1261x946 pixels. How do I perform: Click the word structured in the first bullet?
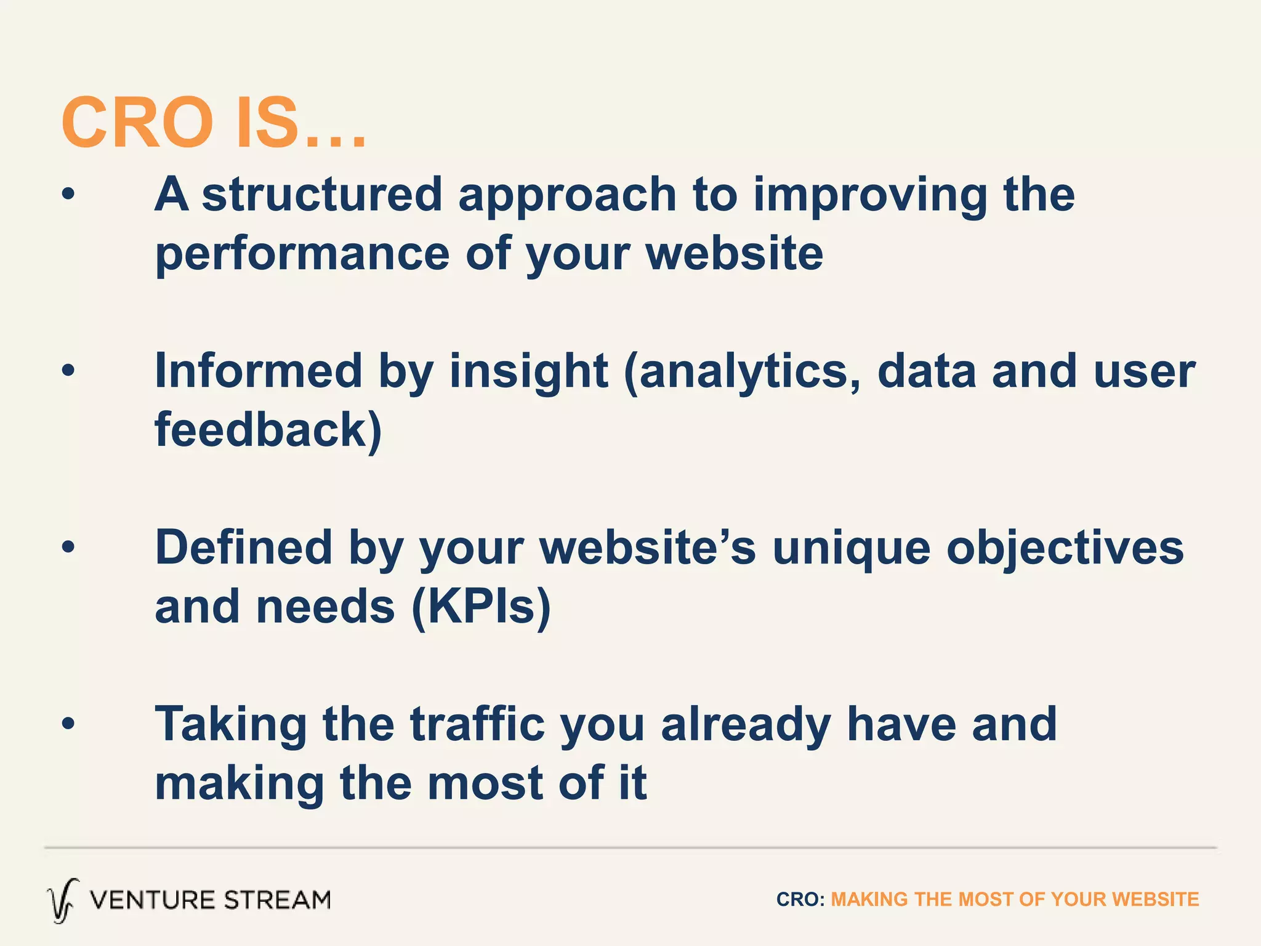pyautogui.click(x=321, y=195)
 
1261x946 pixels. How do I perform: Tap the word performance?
pyautogui.click(x=302, y=255)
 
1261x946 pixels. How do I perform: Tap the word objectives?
pyautogui.click(x=1065, y=548)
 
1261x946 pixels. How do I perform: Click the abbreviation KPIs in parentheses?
pyautogui.click(x=481, y=607)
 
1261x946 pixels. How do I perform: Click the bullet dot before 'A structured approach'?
pyautogui.click(x=68, y=195)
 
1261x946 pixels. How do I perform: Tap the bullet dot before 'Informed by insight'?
pyautogui.click(x=68, y=371)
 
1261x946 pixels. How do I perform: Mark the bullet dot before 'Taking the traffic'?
pyautogui.click(x=68, y=724)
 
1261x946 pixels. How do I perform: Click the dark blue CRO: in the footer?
pyautogui.click(x=800, y=899)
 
